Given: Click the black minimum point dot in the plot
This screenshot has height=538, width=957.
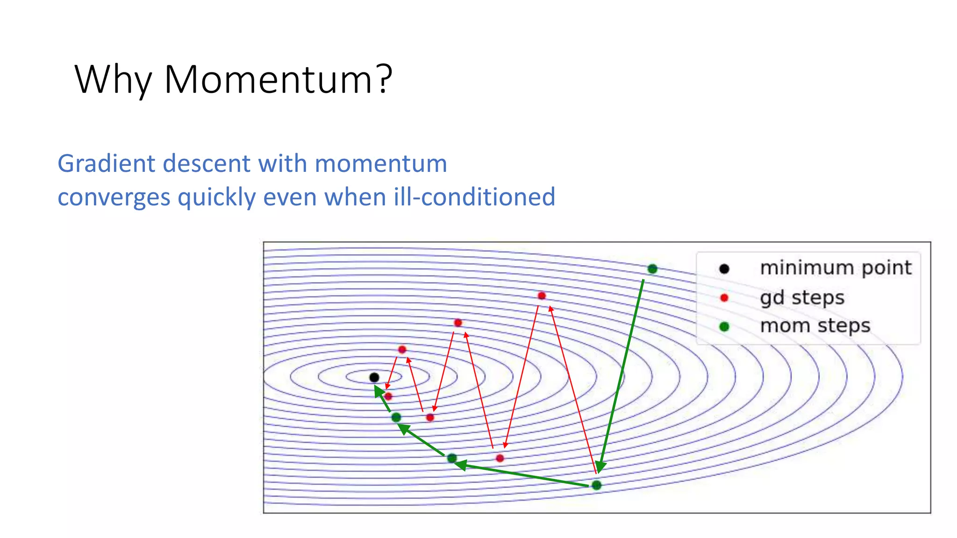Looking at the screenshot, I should point(374,377).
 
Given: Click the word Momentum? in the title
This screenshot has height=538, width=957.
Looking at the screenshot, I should point(278,79).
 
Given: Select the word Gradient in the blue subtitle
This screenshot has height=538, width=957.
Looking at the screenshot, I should point(106,164).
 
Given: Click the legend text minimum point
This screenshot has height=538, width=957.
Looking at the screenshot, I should point(836,268).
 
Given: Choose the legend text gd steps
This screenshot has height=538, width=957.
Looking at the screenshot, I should point(802,297).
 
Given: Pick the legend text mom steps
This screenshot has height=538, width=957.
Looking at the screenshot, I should point(815,326).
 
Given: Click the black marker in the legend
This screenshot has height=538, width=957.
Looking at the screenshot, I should point(724,269).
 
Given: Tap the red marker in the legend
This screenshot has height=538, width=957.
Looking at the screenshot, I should point(724,298).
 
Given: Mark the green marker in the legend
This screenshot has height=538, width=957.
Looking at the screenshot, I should point(724,326).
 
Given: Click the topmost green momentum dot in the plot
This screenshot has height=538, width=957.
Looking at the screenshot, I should point(652,269).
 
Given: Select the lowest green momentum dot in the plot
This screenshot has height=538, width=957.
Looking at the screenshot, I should point(596,485).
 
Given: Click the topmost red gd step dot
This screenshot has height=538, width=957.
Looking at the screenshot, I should point(542,296).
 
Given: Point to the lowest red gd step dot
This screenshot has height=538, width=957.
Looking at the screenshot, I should point(500,458).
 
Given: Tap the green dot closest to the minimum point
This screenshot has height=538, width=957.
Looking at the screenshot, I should point(396,417).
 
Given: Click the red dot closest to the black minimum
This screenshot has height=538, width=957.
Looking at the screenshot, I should point(388,396).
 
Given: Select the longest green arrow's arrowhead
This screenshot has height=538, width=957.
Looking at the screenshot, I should point(601,466).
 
